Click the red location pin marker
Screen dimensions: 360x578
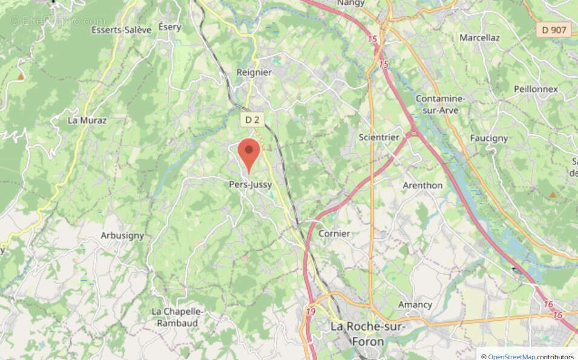248,152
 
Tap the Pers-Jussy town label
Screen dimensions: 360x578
250,185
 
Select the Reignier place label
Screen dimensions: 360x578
254,72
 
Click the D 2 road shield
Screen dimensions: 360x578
252,120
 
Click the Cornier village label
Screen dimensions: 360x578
334,234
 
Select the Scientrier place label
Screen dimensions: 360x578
379,137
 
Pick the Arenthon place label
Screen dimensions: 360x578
422,185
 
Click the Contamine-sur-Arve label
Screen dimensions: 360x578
440,104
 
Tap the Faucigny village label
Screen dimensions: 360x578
489,138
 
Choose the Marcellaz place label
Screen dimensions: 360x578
479,38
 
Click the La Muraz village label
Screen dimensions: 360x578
87,120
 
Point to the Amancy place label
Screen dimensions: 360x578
415,304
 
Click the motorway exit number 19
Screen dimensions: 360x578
310,312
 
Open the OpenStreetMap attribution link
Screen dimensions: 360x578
511,356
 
